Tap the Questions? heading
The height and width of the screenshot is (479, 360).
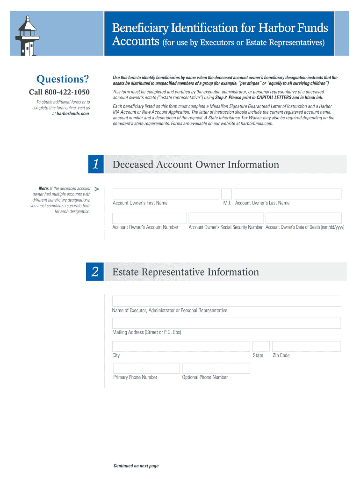click(x=59, y=78)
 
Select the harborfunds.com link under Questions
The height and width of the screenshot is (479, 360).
click(x=72, y=113)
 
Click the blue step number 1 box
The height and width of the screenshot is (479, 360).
click(x=95, y=164)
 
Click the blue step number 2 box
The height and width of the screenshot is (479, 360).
click(x=95, y=272)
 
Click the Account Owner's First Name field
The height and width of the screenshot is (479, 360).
click(x=166, y=194)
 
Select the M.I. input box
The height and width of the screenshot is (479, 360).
click(x=226, y=194)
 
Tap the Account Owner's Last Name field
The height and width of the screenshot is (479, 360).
click(x=287, y=194)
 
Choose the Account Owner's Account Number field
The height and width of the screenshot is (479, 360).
click(x=150, y=218)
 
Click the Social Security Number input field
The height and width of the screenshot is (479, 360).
click(x=226, y=218)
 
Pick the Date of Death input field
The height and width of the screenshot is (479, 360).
click(x=303, y=218)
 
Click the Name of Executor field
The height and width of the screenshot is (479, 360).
click(x=226, y=301)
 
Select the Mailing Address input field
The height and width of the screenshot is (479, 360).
click(x=226, y=323)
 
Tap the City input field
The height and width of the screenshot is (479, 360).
click(x=181, y=346)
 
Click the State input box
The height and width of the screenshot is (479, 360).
click(x=261, y=346)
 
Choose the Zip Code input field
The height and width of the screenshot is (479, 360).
click(x=306, y=346)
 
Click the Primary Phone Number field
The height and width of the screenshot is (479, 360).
click(x=146, y=368)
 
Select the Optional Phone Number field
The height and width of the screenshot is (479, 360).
click(x=216, y=368)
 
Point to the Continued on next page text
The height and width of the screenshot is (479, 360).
click(x=136, y=466)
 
